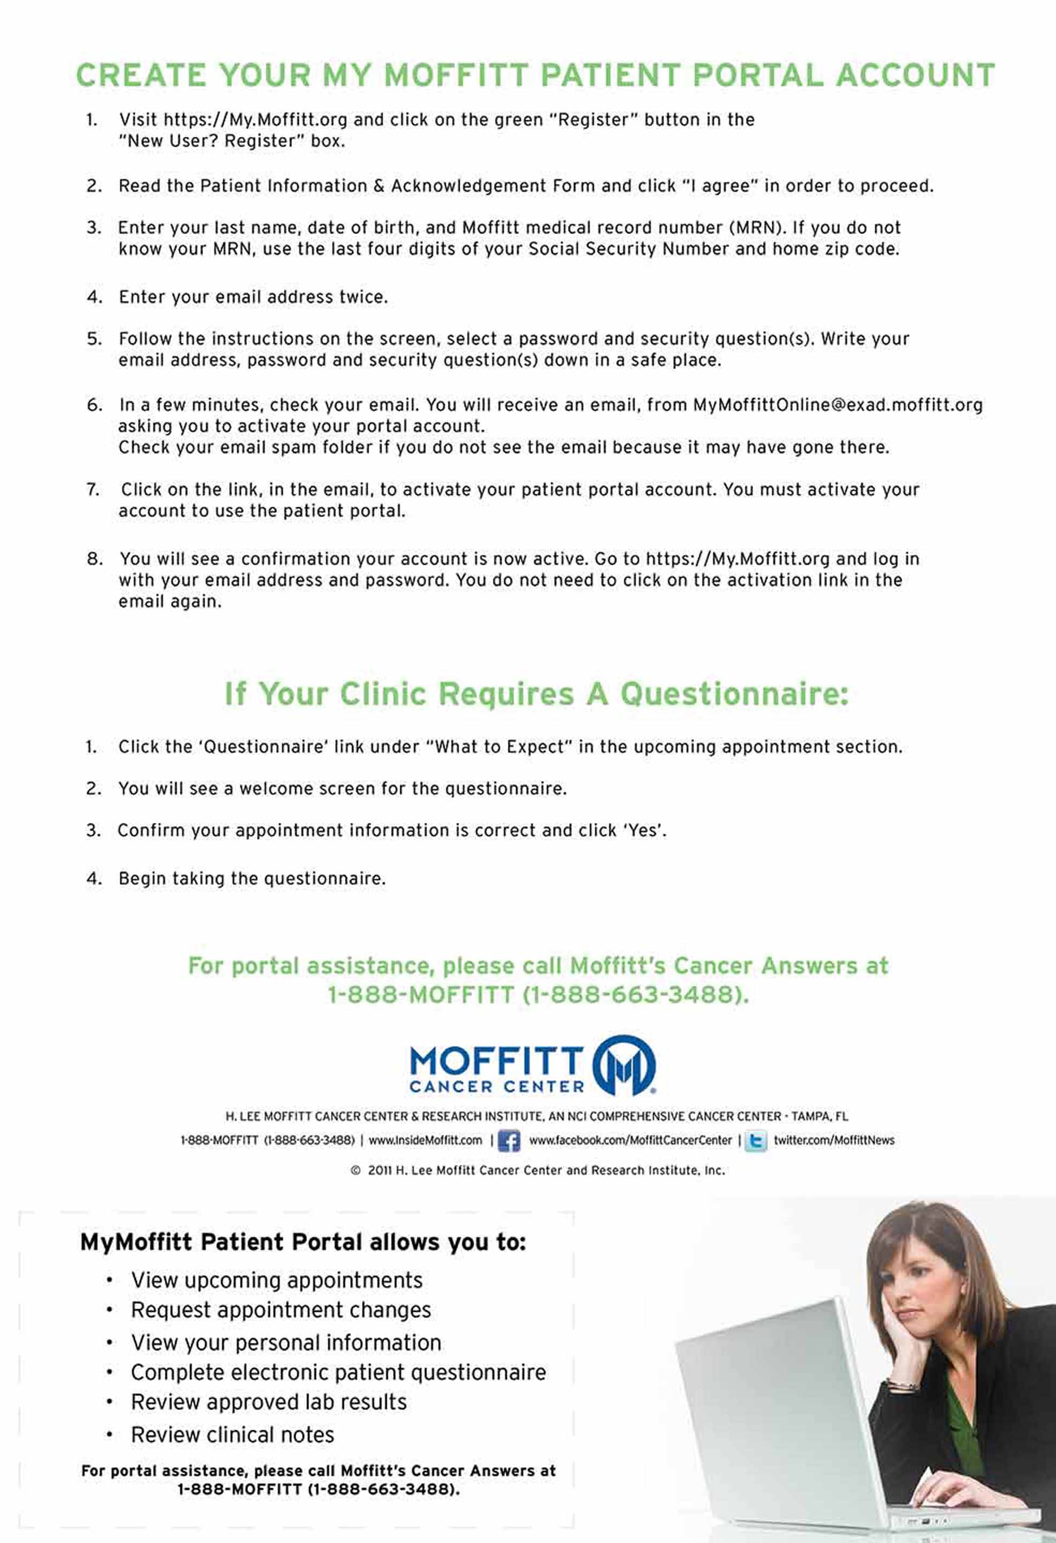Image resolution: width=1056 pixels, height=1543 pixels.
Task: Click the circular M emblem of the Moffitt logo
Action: click(x=624, y=1065)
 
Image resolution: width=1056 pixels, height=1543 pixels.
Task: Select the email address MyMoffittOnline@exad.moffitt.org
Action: click(x=838, y=405)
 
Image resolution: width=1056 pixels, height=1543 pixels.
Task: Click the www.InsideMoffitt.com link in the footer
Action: click(x=425, y=1140)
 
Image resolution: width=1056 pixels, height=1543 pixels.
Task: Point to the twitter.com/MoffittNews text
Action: click(x=833, y=1140)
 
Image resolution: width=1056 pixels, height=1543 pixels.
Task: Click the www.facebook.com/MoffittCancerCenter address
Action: click(x=630, y=1140)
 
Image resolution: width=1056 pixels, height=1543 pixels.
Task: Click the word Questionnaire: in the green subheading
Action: click(x=734, y=694)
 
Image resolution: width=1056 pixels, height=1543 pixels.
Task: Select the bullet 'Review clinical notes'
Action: click(x=232, y=1435)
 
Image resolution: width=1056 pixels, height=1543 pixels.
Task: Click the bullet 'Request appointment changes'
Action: click(x=281, y=1310)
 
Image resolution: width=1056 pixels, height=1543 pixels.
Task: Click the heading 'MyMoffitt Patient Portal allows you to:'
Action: click(x=303, y=1242)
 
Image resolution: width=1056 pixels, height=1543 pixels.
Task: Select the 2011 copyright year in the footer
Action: click(x=380, y=1171)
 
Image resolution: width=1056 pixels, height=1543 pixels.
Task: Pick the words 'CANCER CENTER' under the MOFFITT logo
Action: click(x=497, y=1087)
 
